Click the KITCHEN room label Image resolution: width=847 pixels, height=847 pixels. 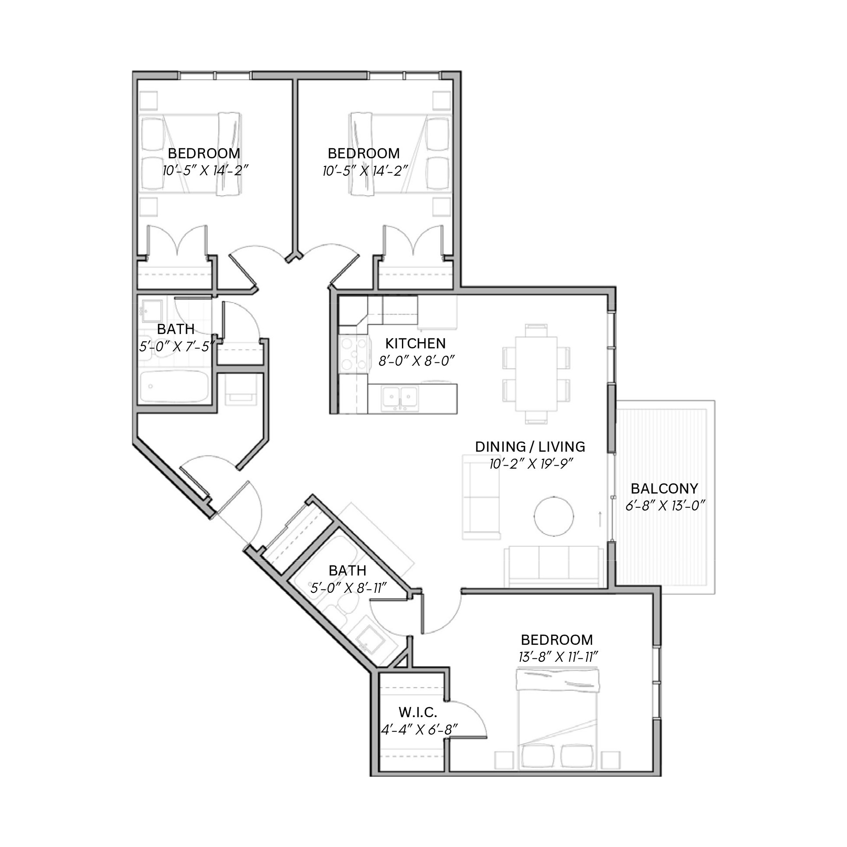pos(415,343)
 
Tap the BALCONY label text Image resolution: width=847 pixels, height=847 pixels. pos(664,488)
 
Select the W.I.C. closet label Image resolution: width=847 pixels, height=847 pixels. pos(417,712)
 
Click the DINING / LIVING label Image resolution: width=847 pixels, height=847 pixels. pos(530,447)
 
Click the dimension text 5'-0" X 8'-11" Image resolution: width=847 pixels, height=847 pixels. pos(348,588)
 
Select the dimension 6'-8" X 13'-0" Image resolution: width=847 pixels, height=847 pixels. pos(665,506)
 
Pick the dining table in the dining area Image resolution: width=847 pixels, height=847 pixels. pos(536,374)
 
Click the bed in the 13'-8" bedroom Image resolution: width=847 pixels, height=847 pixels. pos(558,718)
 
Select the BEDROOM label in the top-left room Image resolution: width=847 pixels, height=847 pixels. pos(204,153)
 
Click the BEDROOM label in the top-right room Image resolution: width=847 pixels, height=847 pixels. pos(364,153)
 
